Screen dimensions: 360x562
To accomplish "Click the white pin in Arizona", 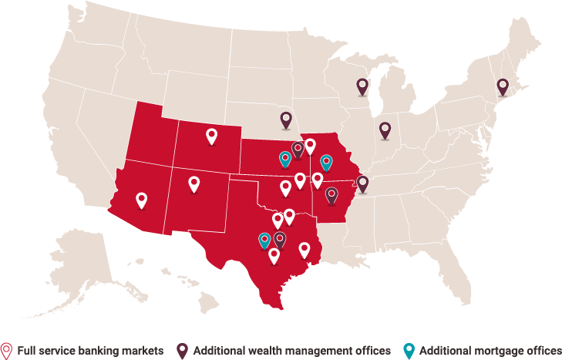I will [141, 200].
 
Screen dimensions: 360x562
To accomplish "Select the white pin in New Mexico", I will [194, 183].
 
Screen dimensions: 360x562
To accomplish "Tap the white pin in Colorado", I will [212, 136].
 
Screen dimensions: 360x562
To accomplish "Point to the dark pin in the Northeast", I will [503, 86].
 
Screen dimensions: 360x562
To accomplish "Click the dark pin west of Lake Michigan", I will [362, 86].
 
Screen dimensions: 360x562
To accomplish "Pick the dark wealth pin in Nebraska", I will [286, 119].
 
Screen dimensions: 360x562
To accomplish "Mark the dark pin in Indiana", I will [385, 130].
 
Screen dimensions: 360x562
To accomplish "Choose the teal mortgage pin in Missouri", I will [326, 162].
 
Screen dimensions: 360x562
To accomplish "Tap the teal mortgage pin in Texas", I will [265, 240].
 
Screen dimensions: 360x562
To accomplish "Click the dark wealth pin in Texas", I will [280, 239].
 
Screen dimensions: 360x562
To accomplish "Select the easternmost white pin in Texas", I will [305, 249].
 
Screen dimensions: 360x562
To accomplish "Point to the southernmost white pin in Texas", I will [274, 255].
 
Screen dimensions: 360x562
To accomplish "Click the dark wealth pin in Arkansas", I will [331, 194].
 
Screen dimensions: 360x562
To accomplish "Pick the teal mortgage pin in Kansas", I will [285, 159].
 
